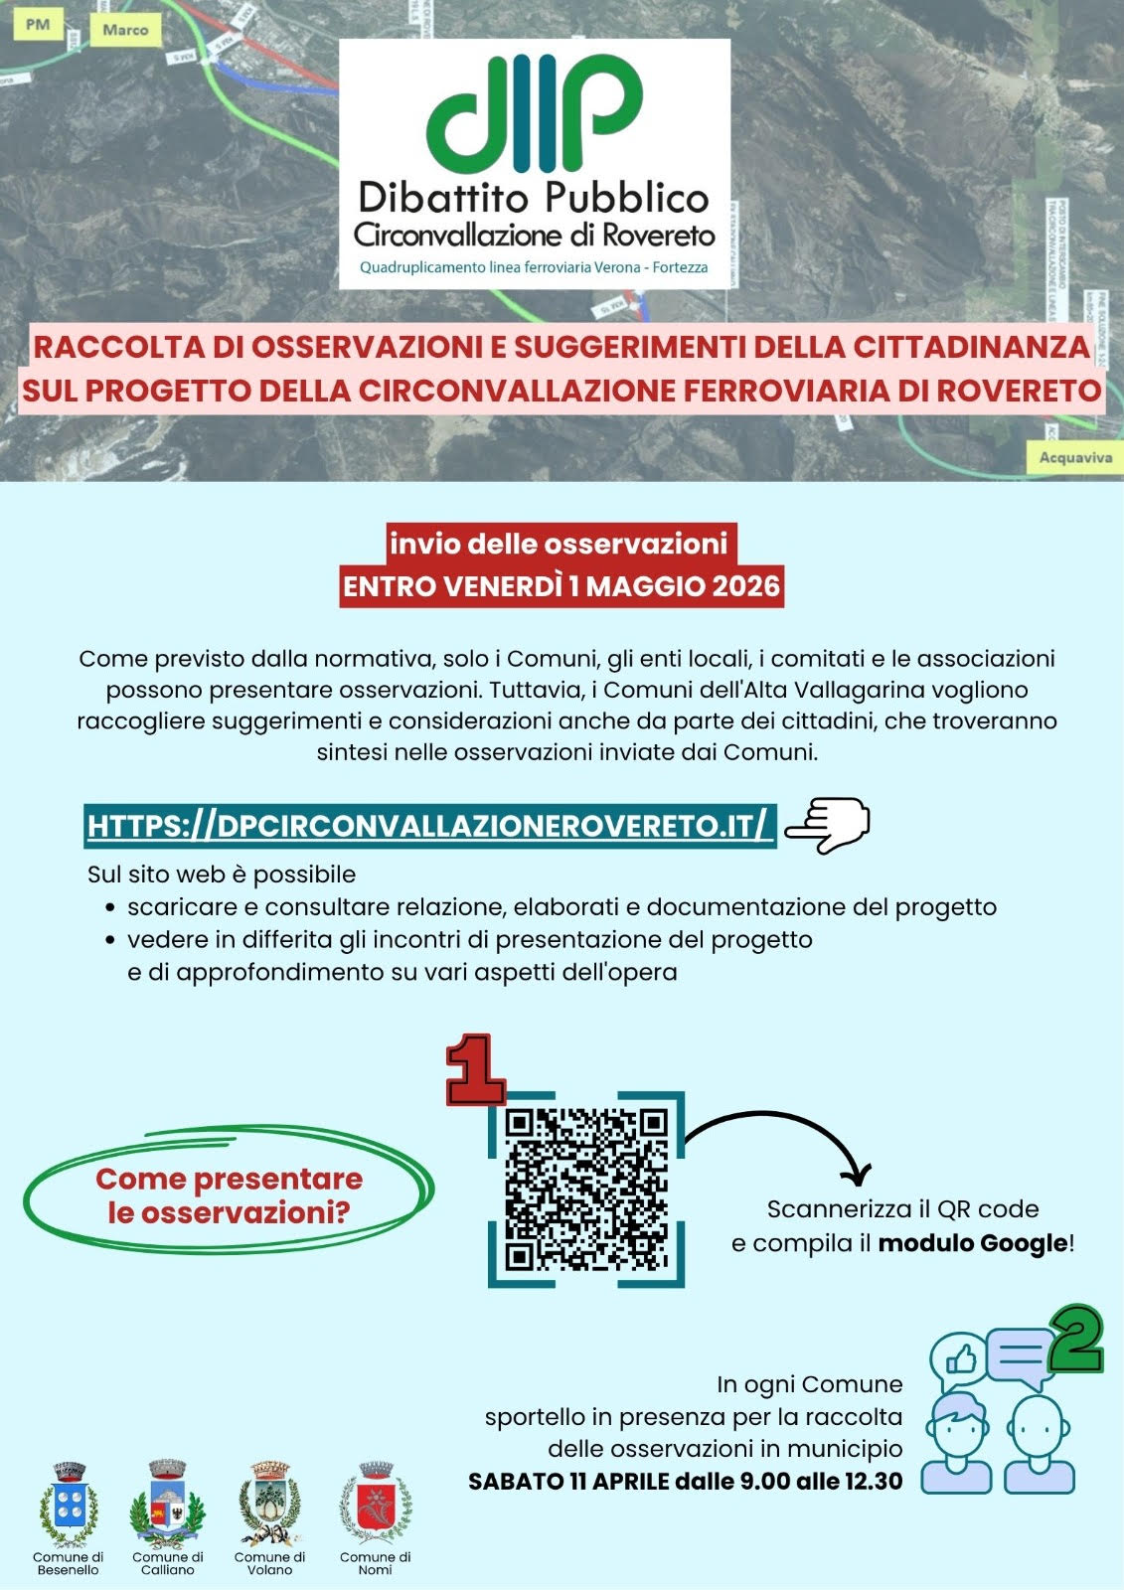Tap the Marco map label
point(125,30)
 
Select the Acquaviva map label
point(1075,457)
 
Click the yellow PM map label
point(38,25)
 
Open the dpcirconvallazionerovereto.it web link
point(428,826)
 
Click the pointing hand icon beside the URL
point(827,825)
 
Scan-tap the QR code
point(585,1189)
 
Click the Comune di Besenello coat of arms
point(68,1505)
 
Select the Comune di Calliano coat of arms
point(167,1505)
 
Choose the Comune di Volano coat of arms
point(269,1505)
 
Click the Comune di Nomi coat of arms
point(375,1505)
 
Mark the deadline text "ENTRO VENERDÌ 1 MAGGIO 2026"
point(561,586)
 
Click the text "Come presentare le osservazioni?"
point(229,1195)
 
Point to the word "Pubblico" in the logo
point(625,197)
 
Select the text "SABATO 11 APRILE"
point(568,1481)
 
